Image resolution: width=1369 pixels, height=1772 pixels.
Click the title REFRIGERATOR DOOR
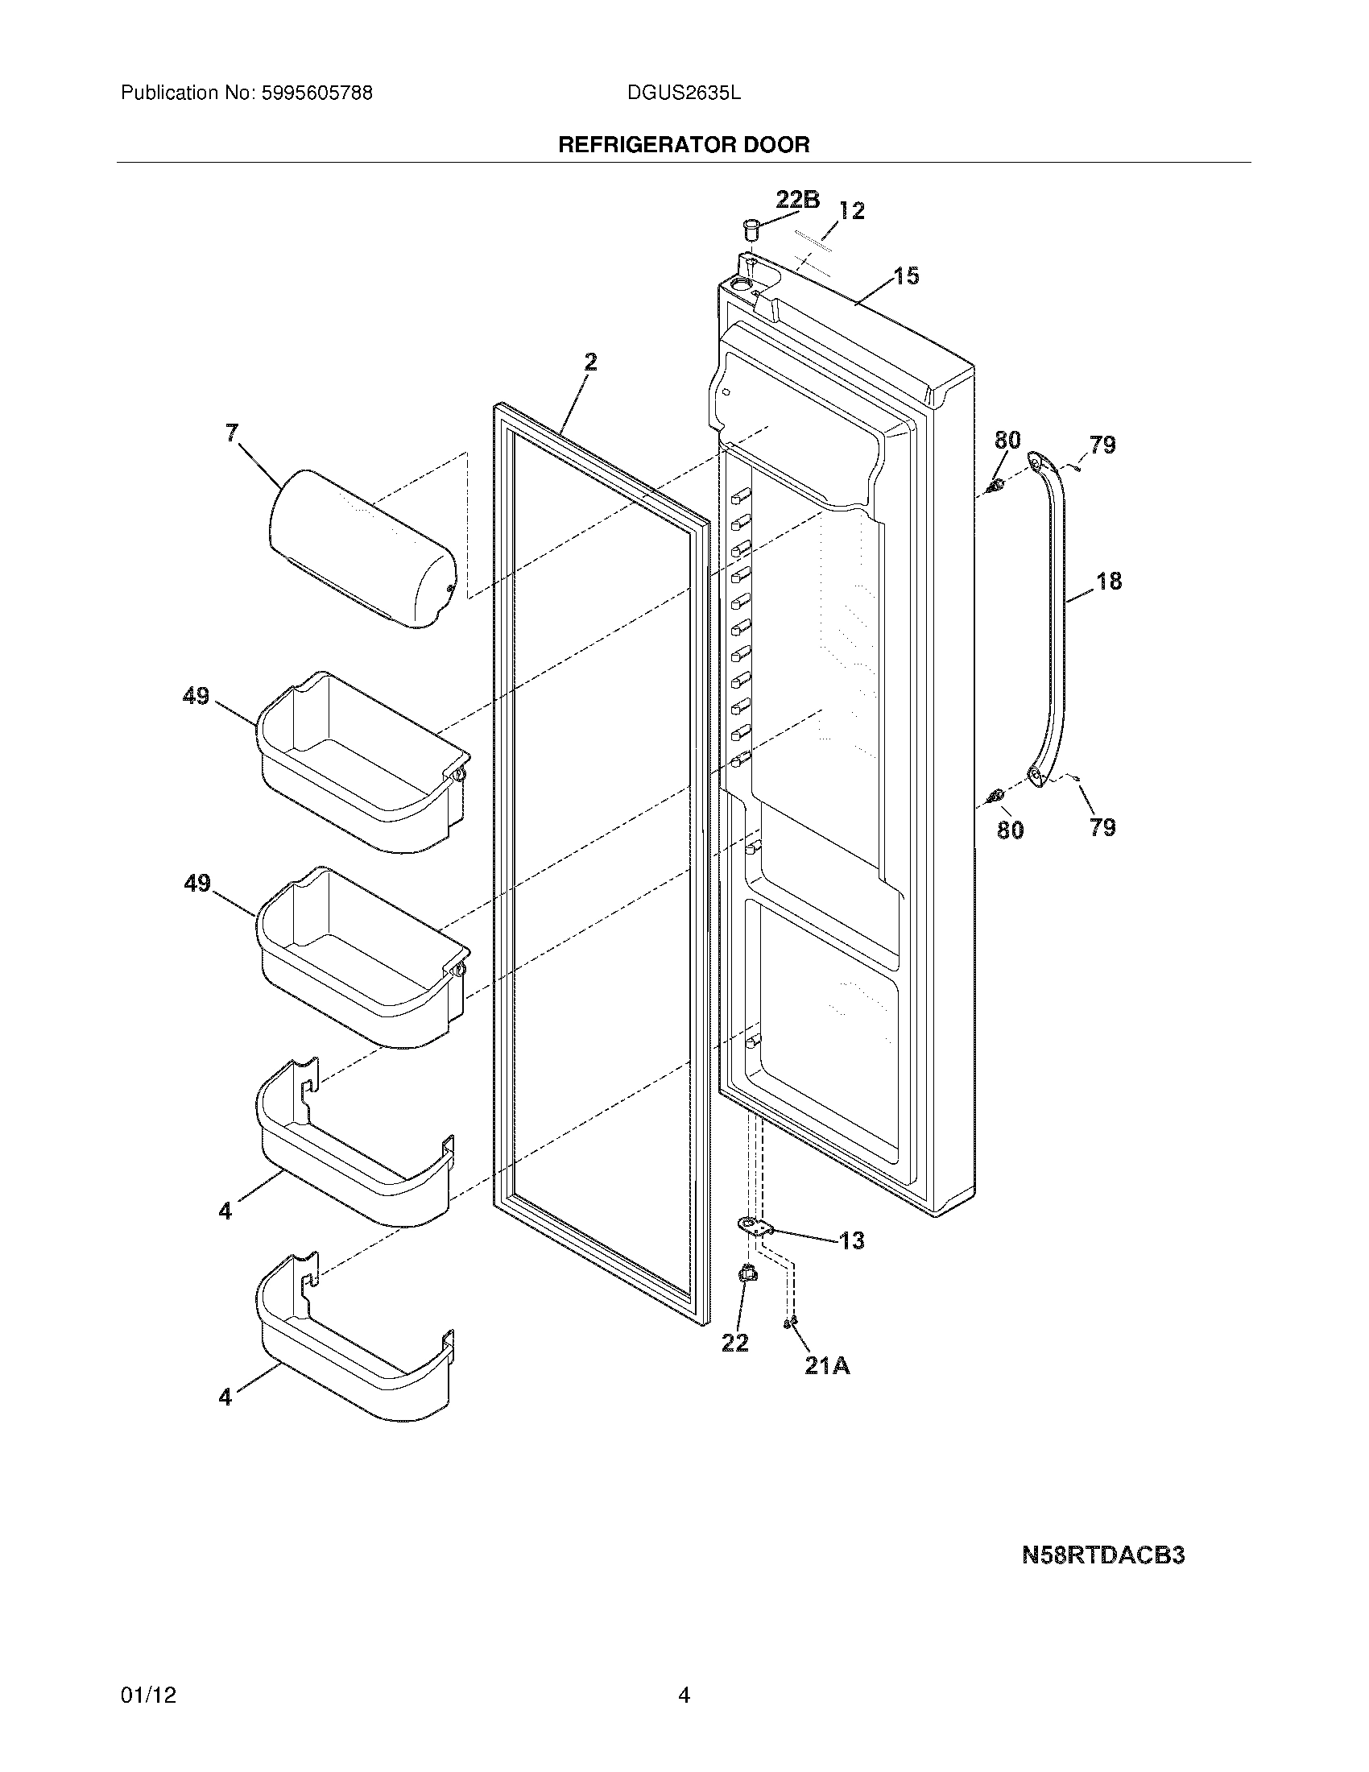pyautogui.click(x=684, y=145)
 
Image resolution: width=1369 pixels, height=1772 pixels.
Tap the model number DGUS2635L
pyautogui.click(x=684, y=93)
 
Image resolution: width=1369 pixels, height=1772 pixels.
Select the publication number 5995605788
pyautogui.click(x=316, y=93)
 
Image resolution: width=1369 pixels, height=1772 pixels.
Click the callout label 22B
pyautogui.click(x=797, y=200)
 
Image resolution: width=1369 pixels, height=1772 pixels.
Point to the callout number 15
pyautogui.click(x=906, y=275)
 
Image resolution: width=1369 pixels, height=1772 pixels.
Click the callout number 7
pyautogui.click(x=232, y=433)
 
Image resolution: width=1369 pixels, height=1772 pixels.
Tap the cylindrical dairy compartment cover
pyautogui.click(x=362, y=548)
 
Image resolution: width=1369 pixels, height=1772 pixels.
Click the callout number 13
pyautogui.click(x=851, y=1240)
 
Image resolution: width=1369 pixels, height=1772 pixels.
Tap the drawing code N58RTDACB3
pyautogui.click(x=1103, y=1555)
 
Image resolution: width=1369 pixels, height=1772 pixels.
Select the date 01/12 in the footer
pyautogui.click(x=148, y=1695)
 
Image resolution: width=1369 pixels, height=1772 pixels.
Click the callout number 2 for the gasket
pyautogui.click(x=590, y=362)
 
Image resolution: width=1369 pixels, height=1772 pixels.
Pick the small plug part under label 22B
pyautogui.click(x=751, y=230)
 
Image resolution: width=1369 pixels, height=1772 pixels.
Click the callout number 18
pyautogui.click(x=1109, y=581)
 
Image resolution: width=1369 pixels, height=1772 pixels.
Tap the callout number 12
pyautogui.click(x=850, y=211)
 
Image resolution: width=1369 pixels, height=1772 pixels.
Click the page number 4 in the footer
pyautogui.click(x=684, y=1695)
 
